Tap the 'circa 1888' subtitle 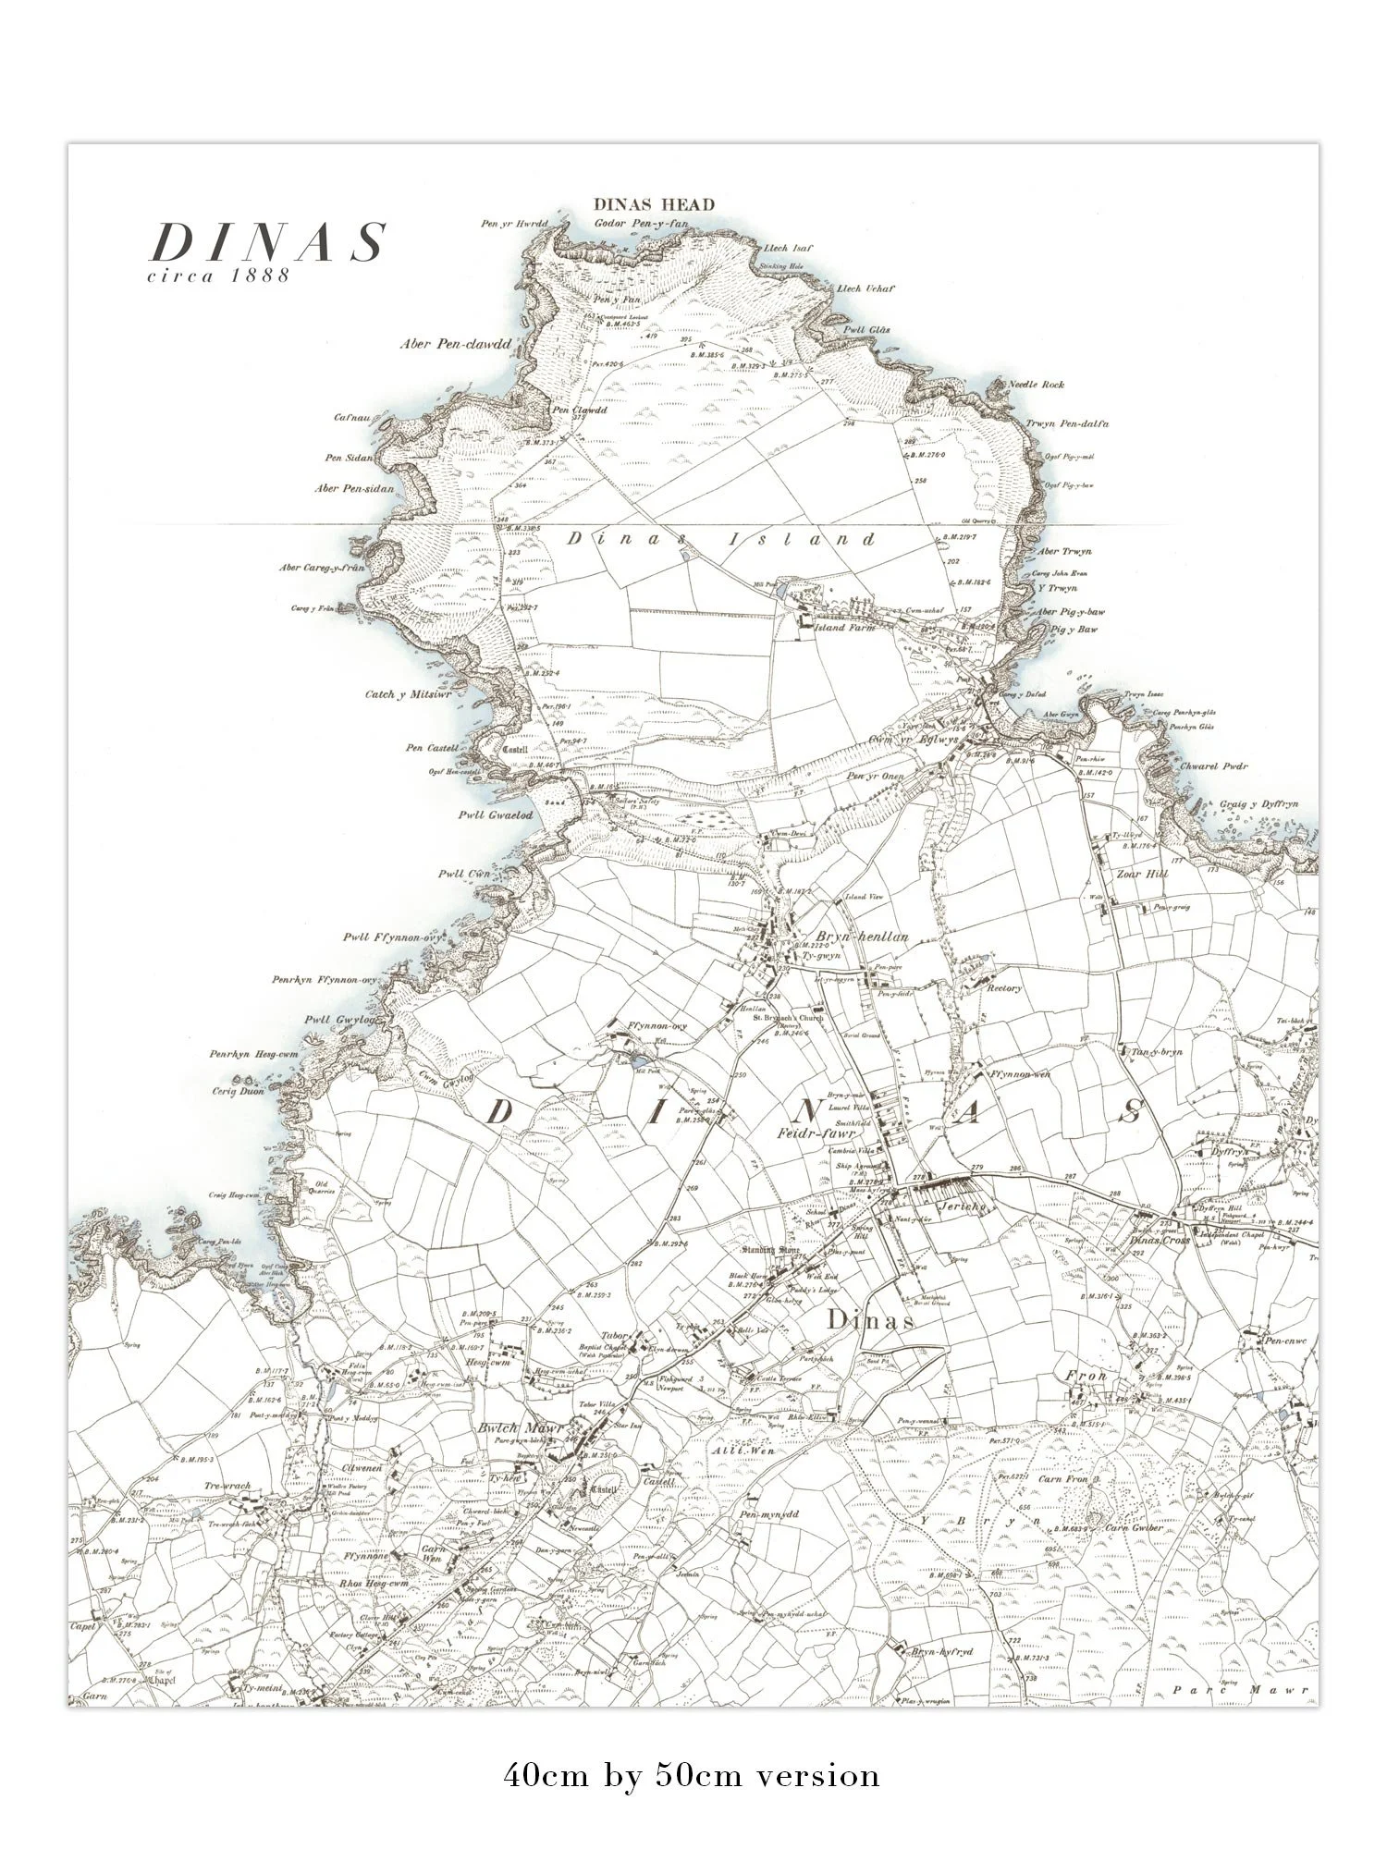click(x=219, y=276)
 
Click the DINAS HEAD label click(x=655, y=204)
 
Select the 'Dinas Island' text click(x=721, y=539)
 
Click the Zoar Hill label click(x=1138, y=873)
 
